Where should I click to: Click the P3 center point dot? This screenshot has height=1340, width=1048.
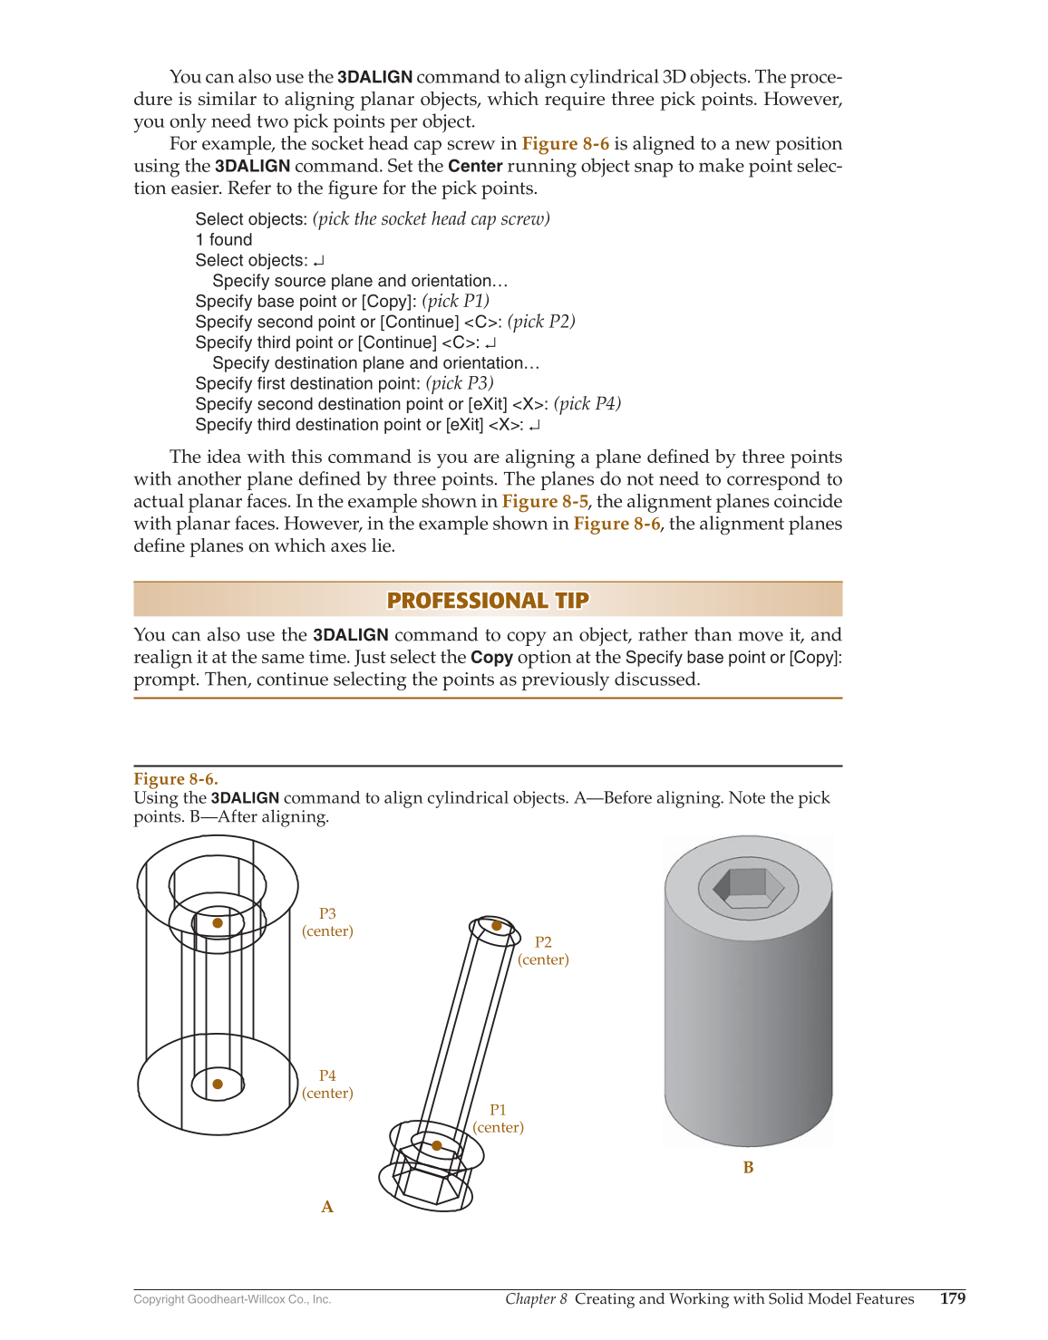click(x=218, y=923)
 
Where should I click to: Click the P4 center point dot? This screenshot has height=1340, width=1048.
click(x=218, y=1084)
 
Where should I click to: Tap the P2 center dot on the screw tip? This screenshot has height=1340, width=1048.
click(x=497, y=926)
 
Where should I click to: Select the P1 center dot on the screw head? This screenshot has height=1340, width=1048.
click(x=437, y=1146)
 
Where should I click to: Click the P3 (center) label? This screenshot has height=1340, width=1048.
click(x=327, y=922)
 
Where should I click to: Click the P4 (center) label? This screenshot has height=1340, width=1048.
click(x=327, y=1085)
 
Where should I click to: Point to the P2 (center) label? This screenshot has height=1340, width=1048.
click(x=543, y=950)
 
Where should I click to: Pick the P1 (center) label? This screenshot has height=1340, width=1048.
click(x=498, y=1118)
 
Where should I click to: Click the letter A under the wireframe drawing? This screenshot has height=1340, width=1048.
click(x=327, y=1207)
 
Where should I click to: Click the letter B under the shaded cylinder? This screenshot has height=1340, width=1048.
click(x=748, y=1168)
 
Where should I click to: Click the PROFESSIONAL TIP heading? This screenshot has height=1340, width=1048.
click(x=488, y=601)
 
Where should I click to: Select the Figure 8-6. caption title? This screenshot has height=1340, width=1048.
click(x=176, y=779)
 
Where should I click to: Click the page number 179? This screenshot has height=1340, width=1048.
click(x=952, y=1298)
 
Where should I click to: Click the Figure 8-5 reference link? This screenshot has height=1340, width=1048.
click(x=545, y=501)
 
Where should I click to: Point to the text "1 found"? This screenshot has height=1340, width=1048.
click(x=224, y=240)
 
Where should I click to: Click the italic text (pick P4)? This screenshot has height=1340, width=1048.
click(x=587, y=404)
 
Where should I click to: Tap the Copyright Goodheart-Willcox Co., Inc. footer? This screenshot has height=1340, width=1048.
click(x=232, y=1299)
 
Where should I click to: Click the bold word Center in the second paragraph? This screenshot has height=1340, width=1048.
click(x=475, y=166)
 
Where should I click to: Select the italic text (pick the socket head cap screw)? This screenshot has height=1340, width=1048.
click(x=432, y=219)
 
